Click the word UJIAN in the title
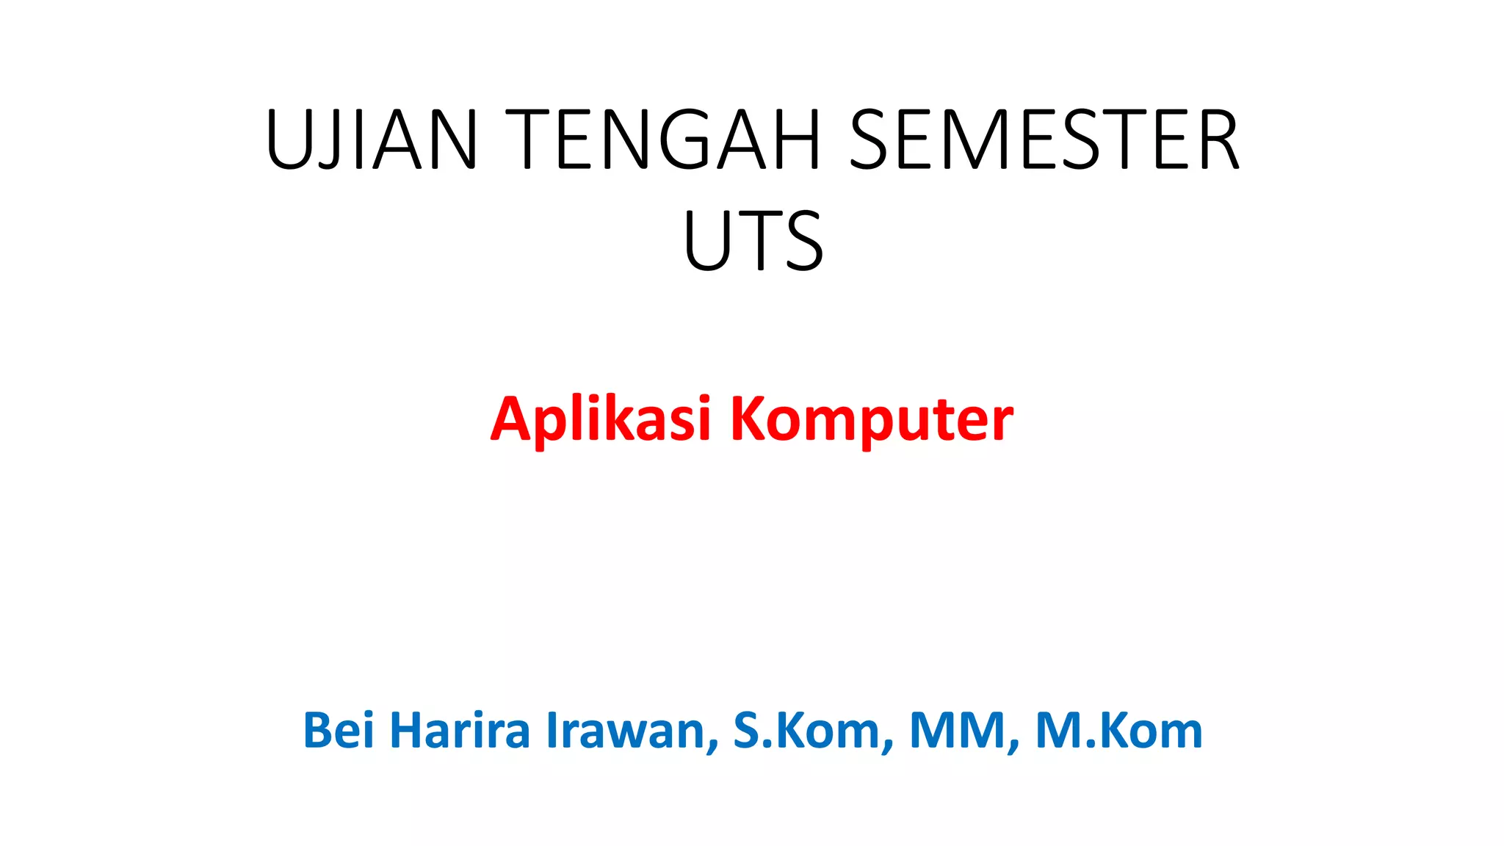coord(372,140)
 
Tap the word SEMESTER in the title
coord(1043,140)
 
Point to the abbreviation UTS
coord(753,240)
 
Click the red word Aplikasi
coord(601,419)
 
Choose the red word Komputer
coord(872,421)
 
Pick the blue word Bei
coord(339,731)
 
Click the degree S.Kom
coord(808,731)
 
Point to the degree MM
coord(958,731)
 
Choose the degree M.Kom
coord(1118,731)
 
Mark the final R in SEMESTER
coord(1214,140)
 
